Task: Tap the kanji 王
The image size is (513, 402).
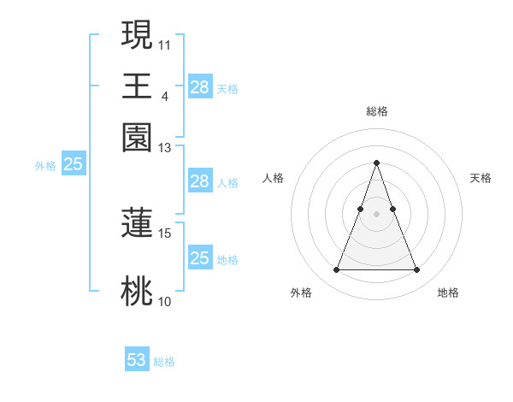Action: pos(137,86)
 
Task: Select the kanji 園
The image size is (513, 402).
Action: pos(137,138)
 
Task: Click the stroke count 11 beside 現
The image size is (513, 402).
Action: pos(165,44)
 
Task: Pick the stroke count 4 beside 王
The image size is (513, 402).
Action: pos(164,96)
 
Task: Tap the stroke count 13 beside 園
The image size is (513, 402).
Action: pos(165,148)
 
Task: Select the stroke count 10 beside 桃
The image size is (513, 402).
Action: pos(165,301)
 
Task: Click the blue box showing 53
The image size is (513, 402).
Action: pos(137,360)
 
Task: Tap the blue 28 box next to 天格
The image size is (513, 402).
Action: pos(200,86)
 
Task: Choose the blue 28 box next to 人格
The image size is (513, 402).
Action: pos(200,181)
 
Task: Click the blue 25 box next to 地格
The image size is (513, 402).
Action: pos(200,258)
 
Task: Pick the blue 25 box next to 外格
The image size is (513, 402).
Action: pos(74,165)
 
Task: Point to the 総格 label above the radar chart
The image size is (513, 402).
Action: pos(377,111)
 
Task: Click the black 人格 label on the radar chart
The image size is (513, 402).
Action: pos(274,178)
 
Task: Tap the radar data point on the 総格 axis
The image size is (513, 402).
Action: pos(377,163)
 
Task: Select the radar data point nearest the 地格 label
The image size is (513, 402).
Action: pos(417,270)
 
